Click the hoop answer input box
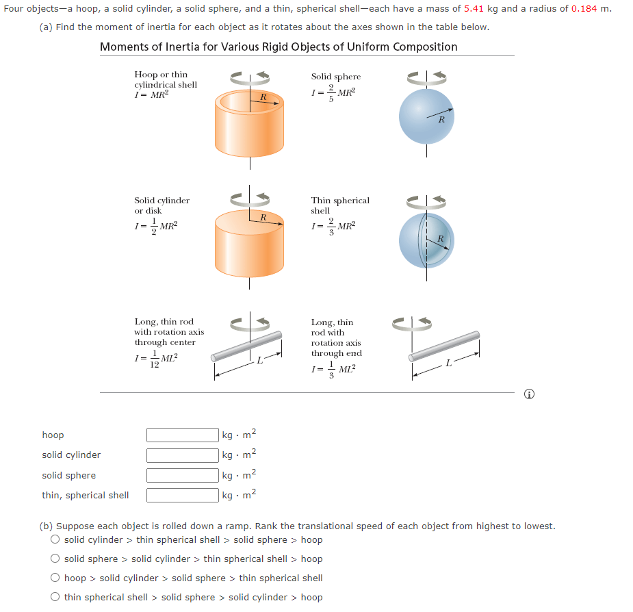point(183,435)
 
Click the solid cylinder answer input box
point(183,455)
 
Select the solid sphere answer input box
point(183,475)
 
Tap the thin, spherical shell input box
point(183,495)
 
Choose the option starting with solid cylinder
point(55,539)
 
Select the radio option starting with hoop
point(55,578)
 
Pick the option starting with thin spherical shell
point(55,597)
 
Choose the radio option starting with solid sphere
point(55,559)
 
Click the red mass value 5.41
point(474,9)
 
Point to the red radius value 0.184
point(584,9)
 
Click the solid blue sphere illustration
point(426,116)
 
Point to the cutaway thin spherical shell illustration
point(426,240)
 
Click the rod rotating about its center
point(246,347)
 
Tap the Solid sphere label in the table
point(335,77)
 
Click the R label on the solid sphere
point(441,120)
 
